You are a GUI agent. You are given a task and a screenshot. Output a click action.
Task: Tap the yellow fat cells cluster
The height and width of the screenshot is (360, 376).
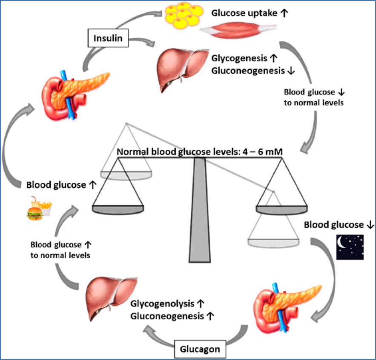[x=184, y=17]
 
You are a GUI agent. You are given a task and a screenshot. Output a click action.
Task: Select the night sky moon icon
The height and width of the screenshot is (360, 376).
[x=350, y=247]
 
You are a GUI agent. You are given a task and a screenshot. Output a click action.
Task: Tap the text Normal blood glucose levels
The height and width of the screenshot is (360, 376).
[x=170, y=152]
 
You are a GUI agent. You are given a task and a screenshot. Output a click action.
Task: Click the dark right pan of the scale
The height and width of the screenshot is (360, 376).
[x=281, y=209]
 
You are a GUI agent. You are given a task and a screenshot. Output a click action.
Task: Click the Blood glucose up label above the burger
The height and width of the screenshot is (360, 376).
[x=59, y=185]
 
